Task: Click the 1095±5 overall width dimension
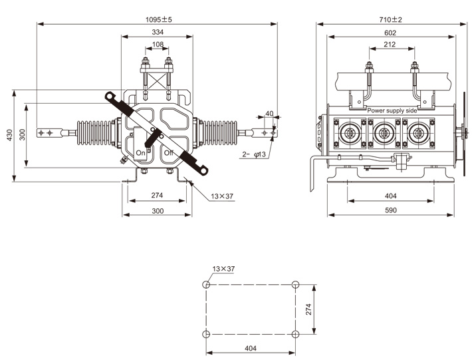point(158,19)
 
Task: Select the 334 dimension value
point(158,32)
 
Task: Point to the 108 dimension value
point(158,45)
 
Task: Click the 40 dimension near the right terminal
point(269,114)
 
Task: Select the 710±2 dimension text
point(391,19)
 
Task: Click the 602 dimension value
point(391,33)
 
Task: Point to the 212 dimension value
point(391,45)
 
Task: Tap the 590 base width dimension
point(391,210)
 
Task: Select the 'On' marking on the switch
point(141,153)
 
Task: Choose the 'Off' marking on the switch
point(168,153)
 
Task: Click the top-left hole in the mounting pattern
point(207,284)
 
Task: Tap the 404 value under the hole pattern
point(251,348)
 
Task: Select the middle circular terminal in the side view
point(382,132)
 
